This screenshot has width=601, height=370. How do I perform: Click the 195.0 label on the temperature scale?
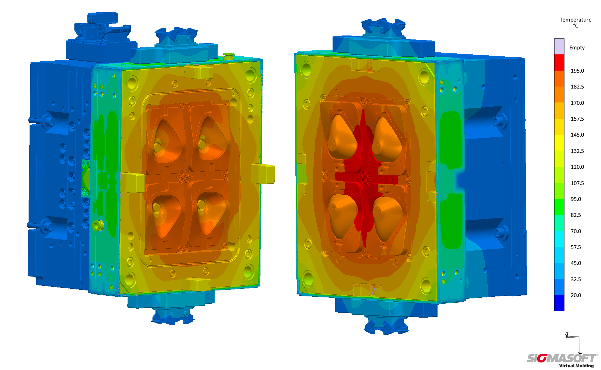click(x=577, y=71)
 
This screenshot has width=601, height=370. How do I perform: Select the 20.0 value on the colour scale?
click(x=576, y=295)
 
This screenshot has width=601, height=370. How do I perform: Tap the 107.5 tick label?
click(x=577, y=183)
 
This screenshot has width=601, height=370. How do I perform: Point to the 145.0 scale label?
click(x=577, y=135)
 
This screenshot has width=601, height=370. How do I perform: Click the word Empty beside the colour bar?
click(x=577, y=48)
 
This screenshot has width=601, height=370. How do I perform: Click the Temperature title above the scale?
click(x=575, y=20)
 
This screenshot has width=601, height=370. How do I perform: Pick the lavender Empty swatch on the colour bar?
click(x=559, y=46)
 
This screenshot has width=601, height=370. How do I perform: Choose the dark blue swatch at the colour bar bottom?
click(x=559, y=303)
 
